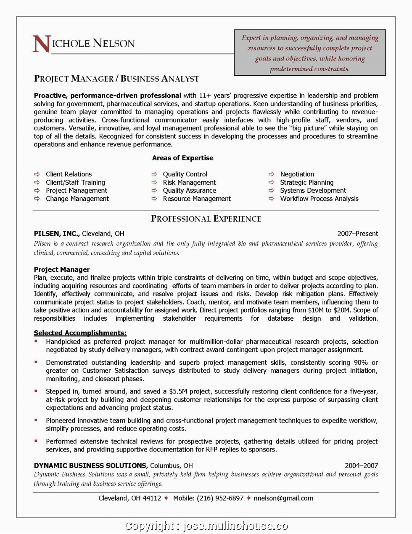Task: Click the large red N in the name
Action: coord(41,44)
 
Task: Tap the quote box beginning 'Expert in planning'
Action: coord(309,53)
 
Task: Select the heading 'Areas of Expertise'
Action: coord(182,158)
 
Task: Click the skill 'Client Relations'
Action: coord(69,174)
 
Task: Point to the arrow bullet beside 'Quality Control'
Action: coord(154,174)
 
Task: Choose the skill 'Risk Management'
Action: coord(189,183)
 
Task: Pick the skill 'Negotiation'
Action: coord(297,174)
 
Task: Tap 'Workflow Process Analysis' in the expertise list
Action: coord(319,199)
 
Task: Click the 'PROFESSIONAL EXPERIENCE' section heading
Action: coord(206,219)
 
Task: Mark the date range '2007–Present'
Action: coord(357,234)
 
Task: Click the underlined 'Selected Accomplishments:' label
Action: coord(80,333)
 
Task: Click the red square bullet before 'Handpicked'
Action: coord(36,341)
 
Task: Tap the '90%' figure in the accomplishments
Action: coord(361,362)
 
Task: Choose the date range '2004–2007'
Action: coord(361,465)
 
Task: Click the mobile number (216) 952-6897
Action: coord(220,498)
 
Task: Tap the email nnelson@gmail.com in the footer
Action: coord(283,498)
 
